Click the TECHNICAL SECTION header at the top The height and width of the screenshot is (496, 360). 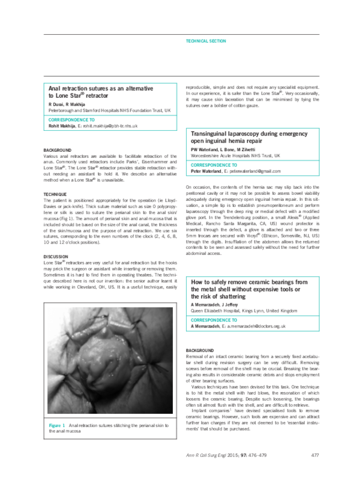point(206,41)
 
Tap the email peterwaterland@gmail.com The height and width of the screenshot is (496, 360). point(251,171)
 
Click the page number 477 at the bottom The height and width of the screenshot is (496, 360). point(314,473)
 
